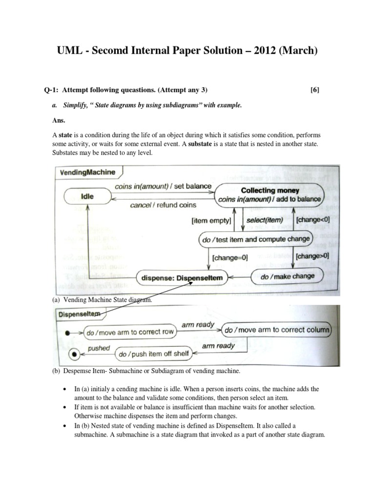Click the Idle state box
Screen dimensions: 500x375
pyautogui.click(x=87, y=197)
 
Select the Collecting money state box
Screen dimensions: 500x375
pyautogui.click(x=270, y=194)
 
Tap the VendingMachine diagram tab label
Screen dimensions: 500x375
pyautogui.click(x=88, y=172)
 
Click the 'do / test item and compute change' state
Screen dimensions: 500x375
pyautogui.click(x=254, y=239)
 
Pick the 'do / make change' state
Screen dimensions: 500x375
pyautogui.click(x=288, y=276)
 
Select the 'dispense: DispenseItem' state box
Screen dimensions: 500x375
pyautogui.click(x=182, y=278)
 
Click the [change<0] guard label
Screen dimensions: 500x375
pyautogui.click(x=312, y=220)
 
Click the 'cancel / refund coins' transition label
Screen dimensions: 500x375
pyautogui.click(x=163, y=206)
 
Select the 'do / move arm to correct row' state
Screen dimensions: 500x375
pyautogui.click(x=129, y=333)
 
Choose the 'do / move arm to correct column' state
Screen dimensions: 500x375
pyautogui.click(x=276, y=330)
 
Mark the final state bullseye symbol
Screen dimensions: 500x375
pyautogui.click(x=74, y=354)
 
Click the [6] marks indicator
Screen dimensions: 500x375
pyautogui.click(x=315, y=89)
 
